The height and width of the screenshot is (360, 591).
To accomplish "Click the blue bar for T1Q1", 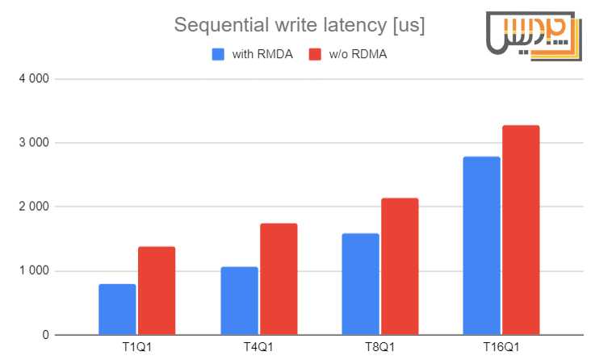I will point(117,309).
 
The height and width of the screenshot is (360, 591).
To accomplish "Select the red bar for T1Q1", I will point(157,291).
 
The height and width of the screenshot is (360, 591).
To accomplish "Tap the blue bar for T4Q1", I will point(239,300).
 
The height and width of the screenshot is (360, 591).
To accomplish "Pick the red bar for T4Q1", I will point(279,278).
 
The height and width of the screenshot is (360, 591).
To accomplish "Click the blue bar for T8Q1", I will point(360,284).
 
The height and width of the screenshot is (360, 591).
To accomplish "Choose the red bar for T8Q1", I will point(400,266).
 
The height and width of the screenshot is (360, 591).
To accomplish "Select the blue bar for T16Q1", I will point(482,245).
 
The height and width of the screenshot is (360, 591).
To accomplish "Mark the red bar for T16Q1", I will point(522,230).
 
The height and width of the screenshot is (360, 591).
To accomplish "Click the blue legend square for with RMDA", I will point(218,54).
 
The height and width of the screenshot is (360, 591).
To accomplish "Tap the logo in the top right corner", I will point(533,36).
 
